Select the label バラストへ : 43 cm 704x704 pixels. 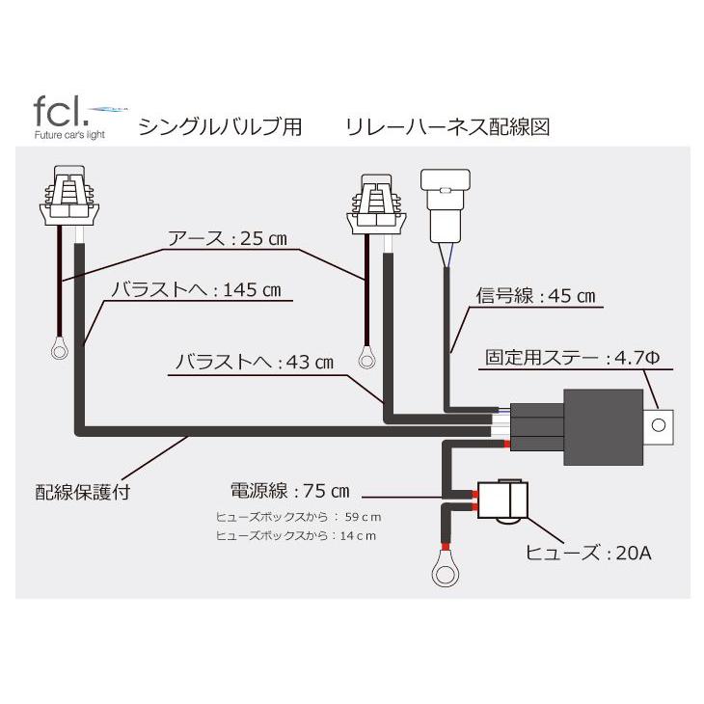[x=255, y=364]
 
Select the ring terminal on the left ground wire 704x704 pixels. [x=59, y=348]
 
